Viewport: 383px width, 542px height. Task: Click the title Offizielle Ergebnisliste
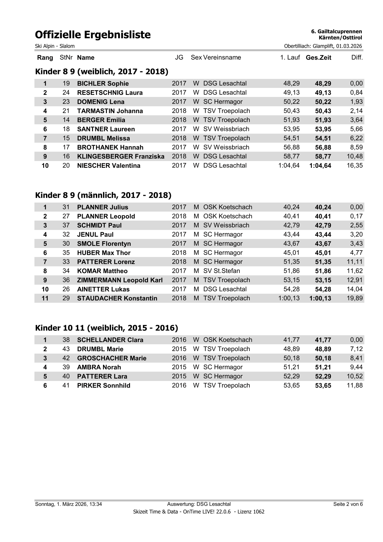point(93,34)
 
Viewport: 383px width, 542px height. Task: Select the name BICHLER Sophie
point(103,84)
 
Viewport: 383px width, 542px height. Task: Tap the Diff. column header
point(357,58)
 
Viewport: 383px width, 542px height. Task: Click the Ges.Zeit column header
point(318,58)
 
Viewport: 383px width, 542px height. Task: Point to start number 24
point(66,93)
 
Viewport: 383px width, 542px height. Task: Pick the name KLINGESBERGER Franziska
point(121,157)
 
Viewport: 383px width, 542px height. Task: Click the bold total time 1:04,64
point(320,166)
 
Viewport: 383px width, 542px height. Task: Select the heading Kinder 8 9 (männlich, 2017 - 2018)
point(103,195)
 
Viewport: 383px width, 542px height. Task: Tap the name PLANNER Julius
point(102,207)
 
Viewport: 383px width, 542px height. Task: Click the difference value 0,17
point(356,216)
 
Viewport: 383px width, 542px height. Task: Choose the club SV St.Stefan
point(221,271)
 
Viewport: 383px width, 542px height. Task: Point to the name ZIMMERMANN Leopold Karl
point(120,280)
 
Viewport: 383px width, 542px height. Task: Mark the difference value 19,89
point(355,298)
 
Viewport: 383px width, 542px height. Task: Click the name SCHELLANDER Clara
point(110,340)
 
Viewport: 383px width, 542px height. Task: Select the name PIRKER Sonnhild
point(104,385)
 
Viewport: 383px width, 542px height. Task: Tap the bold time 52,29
point(323,376)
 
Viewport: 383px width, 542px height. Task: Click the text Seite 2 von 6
point(348,504)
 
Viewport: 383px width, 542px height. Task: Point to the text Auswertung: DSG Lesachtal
point(199,504)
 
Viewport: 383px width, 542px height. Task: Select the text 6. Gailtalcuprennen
point(336,32)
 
